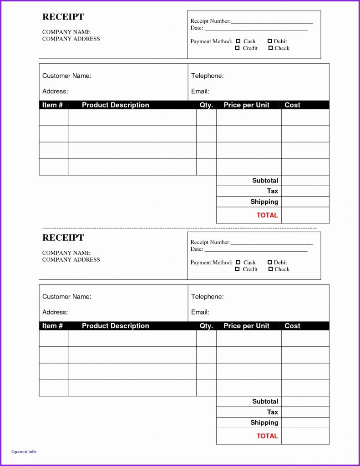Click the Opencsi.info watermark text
24,452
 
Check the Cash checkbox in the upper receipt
238,41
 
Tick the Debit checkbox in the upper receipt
270,41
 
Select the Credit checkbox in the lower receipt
237,269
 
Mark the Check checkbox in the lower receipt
270,269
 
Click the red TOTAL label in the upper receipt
267,215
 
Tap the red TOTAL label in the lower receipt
267,436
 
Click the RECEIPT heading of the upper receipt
63,17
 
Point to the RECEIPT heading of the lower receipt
63,238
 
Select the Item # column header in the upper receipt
52,105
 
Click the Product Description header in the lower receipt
116,326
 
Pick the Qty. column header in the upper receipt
206,105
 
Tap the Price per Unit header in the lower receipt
246,326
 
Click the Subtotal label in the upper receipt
265,181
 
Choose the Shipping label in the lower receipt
264,423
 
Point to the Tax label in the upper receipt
272,191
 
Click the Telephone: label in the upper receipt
207,76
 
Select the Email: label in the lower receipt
200,312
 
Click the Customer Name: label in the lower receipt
67,297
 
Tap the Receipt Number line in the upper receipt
272,21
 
